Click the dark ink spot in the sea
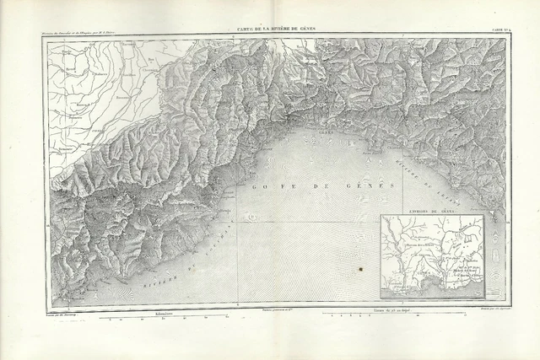[360, 269]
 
